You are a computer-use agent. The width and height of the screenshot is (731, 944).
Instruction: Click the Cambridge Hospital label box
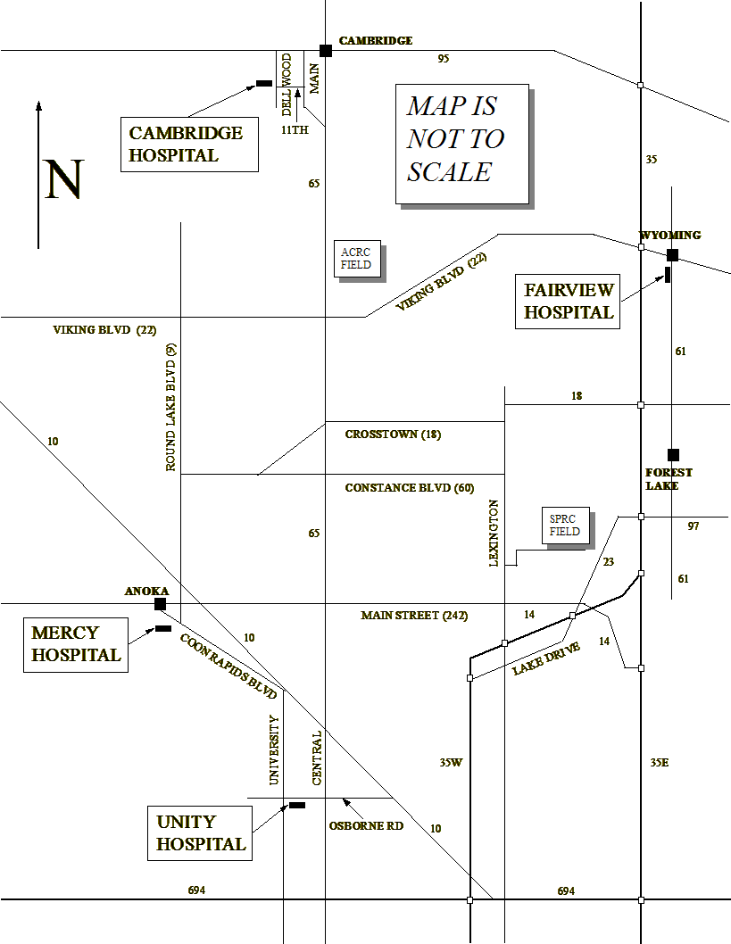point(190,145)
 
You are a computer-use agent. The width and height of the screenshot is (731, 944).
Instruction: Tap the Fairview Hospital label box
point(568,301)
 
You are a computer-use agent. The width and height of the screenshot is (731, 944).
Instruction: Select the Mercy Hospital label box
point(76,645)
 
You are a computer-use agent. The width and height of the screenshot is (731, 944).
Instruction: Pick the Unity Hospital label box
point(200,833)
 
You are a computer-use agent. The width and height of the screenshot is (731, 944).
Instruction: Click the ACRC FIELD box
point(358,259)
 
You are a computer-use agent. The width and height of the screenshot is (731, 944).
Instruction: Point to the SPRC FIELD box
point(566,526)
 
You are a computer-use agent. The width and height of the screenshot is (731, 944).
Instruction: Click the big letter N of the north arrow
point(64,179)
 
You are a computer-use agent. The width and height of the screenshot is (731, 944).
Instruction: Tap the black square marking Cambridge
point(326,51)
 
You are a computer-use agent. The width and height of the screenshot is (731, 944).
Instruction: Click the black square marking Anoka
point(160,604)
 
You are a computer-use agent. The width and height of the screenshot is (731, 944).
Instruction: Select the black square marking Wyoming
point(673,255)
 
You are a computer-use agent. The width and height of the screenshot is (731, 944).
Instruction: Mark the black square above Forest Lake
point(673,455)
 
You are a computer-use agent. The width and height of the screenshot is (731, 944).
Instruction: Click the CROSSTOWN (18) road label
point(393,434)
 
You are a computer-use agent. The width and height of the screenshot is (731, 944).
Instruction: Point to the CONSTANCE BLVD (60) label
point(410,488)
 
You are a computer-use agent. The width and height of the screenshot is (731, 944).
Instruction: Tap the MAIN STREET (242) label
point(414,616)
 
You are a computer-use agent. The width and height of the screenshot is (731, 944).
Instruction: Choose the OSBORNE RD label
point(366,826)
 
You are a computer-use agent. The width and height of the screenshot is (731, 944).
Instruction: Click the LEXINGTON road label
point(494,533)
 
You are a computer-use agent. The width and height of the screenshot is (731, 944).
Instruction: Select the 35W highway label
point(451,763)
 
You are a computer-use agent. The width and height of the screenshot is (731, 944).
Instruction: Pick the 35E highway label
point(660,763)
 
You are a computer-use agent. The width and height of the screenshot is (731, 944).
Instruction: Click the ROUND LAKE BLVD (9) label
point(171,407)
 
